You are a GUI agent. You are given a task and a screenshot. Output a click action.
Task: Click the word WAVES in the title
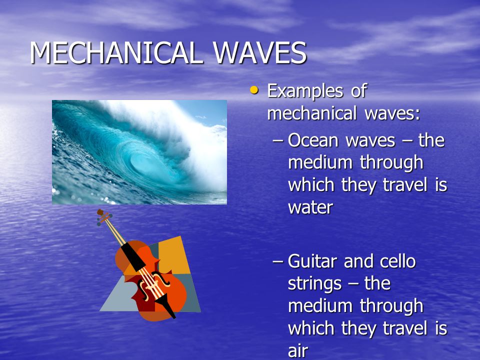(x=259, y=52)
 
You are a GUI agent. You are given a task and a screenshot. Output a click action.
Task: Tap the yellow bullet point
(x=254, y=90)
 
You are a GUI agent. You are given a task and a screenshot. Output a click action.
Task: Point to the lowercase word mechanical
(x=311, y=113)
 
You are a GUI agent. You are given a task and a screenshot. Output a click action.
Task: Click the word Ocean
(x=313, y=141)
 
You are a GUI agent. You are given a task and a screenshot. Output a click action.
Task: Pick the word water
(x=310, y=208)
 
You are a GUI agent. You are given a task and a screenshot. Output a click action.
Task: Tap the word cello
(x=397, y=261)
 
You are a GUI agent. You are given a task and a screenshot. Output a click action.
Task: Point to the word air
(x=298, y=350)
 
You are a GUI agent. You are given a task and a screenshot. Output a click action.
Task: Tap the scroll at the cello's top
(x=103, y=216)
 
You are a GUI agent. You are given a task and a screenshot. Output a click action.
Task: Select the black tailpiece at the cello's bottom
(x=165, y=305)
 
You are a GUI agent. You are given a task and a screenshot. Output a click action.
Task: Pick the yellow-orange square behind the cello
(x=173, y=254)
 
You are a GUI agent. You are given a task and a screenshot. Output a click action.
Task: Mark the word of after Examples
(x=358, y=90)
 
